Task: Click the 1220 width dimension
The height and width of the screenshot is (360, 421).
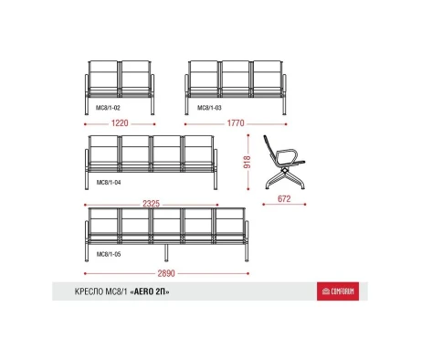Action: click(120, 123)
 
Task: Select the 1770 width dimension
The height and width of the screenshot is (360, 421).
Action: click(236, 123)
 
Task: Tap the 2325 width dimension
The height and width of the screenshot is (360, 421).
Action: click(152, 204)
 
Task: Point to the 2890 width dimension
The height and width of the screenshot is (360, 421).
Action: click(166, 273)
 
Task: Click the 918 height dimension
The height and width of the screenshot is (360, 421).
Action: click(247, 162)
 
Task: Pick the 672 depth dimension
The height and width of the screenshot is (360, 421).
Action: click(284, 199)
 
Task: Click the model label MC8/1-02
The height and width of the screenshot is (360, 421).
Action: click(108, 108)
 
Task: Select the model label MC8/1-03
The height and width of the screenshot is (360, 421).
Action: click(209, 108)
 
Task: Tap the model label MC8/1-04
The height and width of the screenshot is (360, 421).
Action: click(109, 183)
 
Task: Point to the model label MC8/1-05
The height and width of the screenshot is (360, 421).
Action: click(109, 254)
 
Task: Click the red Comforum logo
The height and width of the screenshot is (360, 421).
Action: click(338, 291)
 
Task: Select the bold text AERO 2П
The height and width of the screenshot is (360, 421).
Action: click(150, 291)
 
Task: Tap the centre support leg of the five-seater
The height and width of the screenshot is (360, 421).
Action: click(166, 252)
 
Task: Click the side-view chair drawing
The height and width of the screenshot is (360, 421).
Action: click(284, 163)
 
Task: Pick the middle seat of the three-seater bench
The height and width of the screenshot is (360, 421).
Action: click(236, 79)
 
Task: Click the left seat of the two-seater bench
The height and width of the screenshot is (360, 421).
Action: click(104, 79)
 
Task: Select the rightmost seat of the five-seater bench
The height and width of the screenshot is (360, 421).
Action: click(229, 226)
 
